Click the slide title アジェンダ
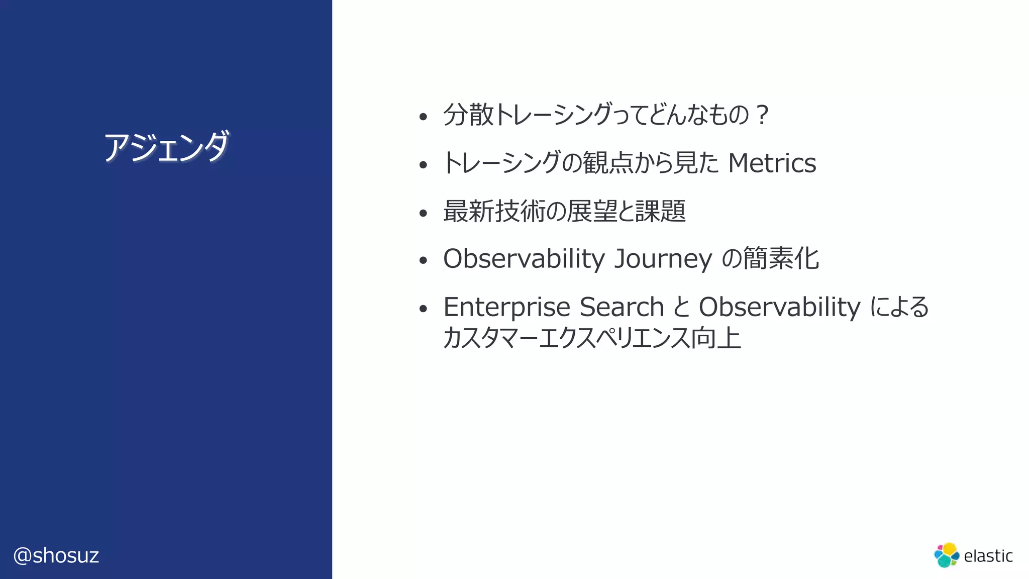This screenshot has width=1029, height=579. pos(166,147)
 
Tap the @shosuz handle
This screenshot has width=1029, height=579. pos(56,555)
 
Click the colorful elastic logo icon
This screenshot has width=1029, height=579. pos(947,555)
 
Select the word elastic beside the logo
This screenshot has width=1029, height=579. pos(988,556)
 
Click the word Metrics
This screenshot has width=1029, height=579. pos(772,163)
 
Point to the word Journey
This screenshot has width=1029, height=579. pos(663,259)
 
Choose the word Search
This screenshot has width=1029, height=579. pos(622,307)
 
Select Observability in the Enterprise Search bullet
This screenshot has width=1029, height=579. pos(779,307)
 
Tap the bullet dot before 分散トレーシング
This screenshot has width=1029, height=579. pos(423,117)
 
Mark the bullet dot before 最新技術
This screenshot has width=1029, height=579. pos(423,213)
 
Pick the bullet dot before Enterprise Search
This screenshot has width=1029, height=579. pos(423,309)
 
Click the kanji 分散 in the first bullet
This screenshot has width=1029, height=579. pos(469,115)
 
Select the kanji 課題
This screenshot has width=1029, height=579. pos(660,211)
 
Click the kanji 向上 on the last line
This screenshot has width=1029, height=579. pos(716,338)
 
